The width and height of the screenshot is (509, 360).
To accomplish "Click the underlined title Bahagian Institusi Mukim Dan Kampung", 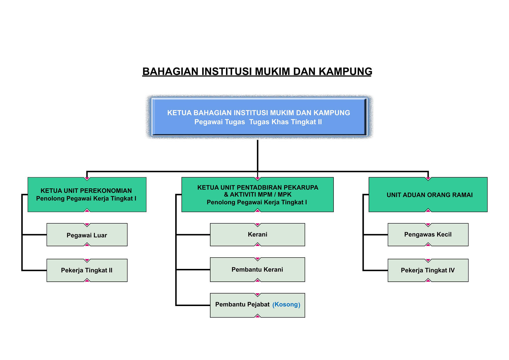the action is [257, 71].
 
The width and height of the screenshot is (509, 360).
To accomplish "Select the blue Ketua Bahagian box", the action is [259, 117].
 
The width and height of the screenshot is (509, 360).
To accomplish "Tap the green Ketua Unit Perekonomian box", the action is [87, 195].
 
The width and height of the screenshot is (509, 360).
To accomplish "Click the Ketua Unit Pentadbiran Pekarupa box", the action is [258, 195].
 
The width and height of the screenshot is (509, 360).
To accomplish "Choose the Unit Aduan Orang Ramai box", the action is [428, 195].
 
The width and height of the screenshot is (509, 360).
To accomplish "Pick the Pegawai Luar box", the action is [87, 235].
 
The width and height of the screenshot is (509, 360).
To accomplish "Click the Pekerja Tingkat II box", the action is [87, 270].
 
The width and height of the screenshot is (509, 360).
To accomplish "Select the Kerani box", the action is [258, 235].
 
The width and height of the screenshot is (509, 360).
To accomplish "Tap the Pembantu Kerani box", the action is [258, 269].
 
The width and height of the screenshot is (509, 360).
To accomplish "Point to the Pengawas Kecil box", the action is [428, 235].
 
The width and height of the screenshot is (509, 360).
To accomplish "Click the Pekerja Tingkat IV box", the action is [428, 270].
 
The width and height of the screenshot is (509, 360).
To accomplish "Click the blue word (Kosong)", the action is [286, 305].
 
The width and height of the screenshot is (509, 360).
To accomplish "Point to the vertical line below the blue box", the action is [258, 156].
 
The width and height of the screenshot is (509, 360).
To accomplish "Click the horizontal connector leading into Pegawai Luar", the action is [35, 235].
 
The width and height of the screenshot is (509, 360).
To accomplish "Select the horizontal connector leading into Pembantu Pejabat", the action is [193, 305].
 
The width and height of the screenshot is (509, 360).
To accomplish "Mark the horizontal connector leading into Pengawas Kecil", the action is [376, 235].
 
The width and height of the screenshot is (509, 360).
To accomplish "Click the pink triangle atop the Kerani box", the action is [258, 225].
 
